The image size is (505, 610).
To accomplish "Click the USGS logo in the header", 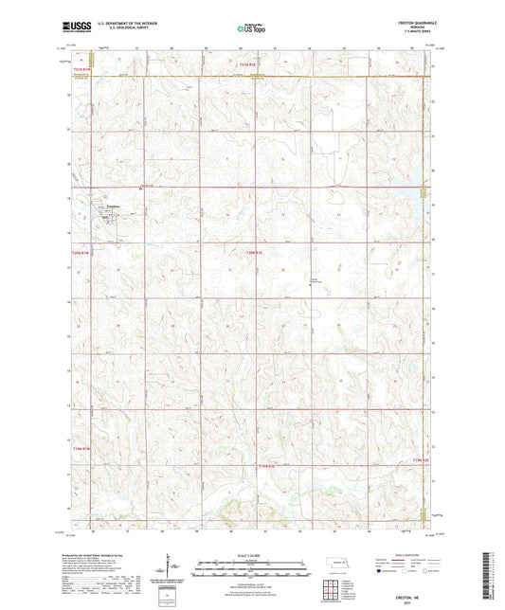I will pyautogui.click(x=73, y=29).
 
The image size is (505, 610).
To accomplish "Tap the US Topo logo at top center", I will pyautogui.click(x=251, y=29).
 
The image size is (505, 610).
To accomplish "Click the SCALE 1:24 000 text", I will pyautogui.click(x=251, y=555).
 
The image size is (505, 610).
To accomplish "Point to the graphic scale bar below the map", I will pyautogui.click(x=251, y=565).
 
